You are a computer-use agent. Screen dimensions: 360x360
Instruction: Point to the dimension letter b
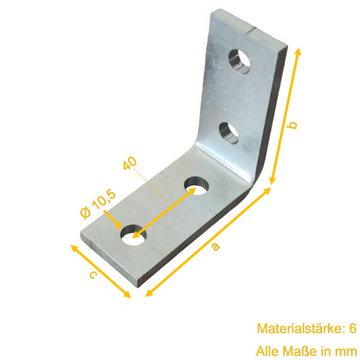pyautogui.click(x=293, y=126)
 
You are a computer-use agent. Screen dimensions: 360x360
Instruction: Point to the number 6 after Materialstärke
pyautogui.click(x=351, y=329)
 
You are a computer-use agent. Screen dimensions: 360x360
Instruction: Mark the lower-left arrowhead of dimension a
pyautogui.click(x=145, y=288)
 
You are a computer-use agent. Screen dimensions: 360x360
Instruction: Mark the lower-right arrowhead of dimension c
pyautogui.click(x=128, y=294)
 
